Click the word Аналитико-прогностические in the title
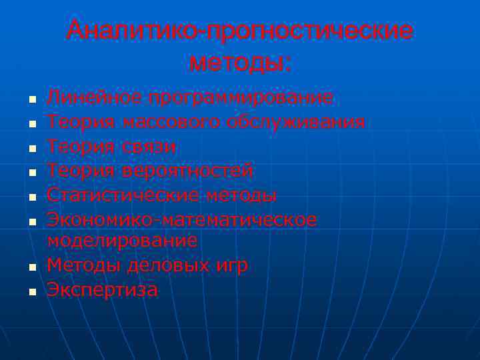tap(240, 31)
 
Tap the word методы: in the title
tap(240, 63)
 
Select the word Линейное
tap(94, 98)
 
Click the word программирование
tap(241, 98)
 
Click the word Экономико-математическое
tap(182, 220)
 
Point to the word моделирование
tap(122, 241)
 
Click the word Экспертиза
tap(103, 290)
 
